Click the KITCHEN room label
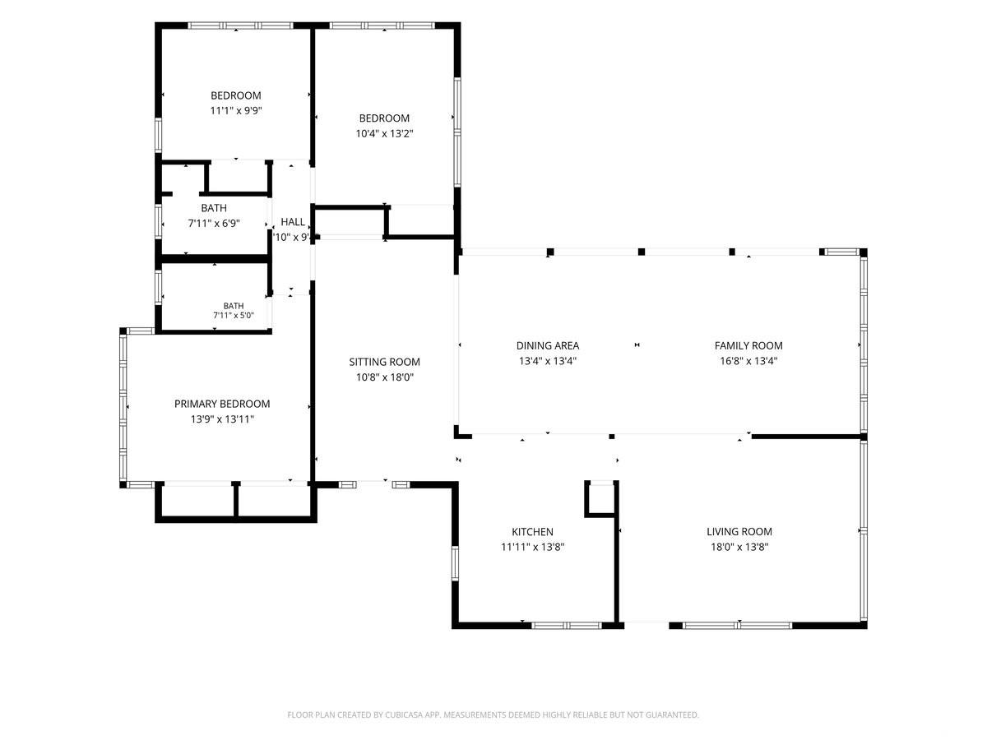(x=532, y=531)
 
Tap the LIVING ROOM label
(x=739, y=531)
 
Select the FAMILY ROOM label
(x=748, y=345)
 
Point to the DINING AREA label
(x=548, y=345)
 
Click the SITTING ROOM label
(x=384, y=362)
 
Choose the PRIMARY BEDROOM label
(x=222, y=404)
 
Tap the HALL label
(x=293, y=221)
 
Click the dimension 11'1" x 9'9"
(x=236, y=110)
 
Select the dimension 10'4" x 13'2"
(x=384, y=133)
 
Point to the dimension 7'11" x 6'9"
(x=214, y=224)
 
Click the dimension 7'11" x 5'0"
(x=234, y=316)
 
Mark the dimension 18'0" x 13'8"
(x=739, y=547)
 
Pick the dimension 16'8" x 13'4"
(x=748, y=361)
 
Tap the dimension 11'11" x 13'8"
(x=532, y=547)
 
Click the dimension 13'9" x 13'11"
(x=222, y=419)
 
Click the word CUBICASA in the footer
(x=403, y=715)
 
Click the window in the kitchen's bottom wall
(x=567, y=626)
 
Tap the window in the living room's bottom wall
(x=738, y=626)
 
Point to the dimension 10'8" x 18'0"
(x=384, y=377)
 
